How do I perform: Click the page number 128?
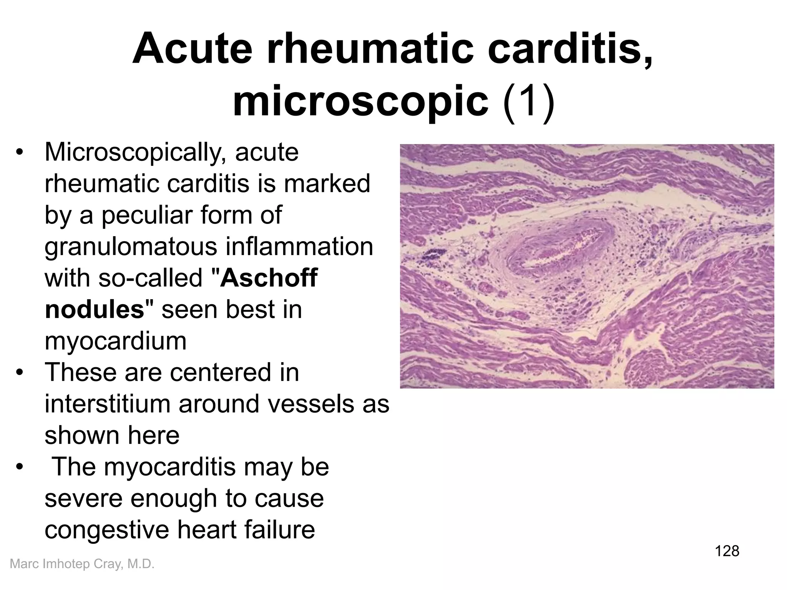[727, 551]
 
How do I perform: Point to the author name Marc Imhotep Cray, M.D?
[82, 564]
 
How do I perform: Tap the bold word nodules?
[95, 309]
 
